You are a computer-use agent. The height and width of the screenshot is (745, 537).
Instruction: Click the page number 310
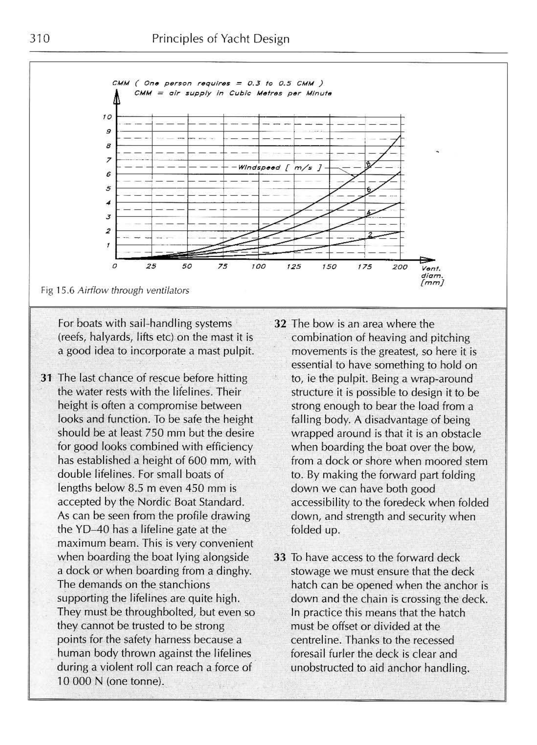pyautogui.click(x=40, y=39)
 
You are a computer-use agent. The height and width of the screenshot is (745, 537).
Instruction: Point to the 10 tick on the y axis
pyautogui.click(x=107, y=117)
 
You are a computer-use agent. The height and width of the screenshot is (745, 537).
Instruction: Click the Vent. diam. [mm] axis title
pyautogui.click(x=432, y=276)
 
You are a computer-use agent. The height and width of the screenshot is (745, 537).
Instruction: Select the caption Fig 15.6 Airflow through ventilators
pyautogui.click(x=115, y=290)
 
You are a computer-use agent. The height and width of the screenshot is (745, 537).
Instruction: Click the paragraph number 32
pyautogui.click(x=280, y=324)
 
